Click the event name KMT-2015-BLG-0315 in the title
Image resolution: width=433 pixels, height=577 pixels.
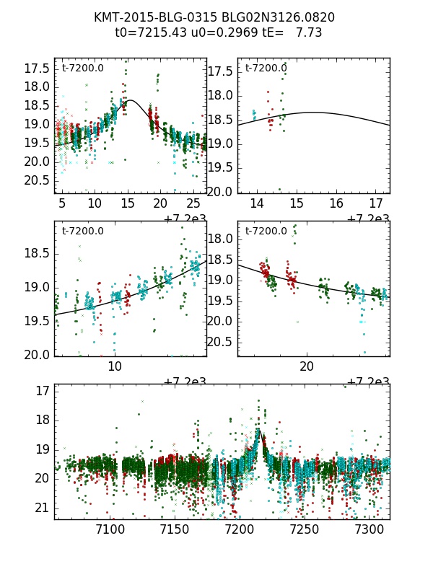pyautogui.click(x=146, y=17)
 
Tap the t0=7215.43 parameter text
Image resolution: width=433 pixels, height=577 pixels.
pyautogui.click(x=146, y=32)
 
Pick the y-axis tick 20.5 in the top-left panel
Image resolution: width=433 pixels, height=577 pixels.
pyautogui.click(x=38, y=180)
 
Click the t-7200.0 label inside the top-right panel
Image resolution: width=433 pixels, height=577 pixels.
pyautogui.click(x=265, y=69)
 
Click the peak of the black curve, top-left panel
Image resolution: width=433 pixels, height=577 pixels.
pyautogui.click(x=131, y=100)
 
